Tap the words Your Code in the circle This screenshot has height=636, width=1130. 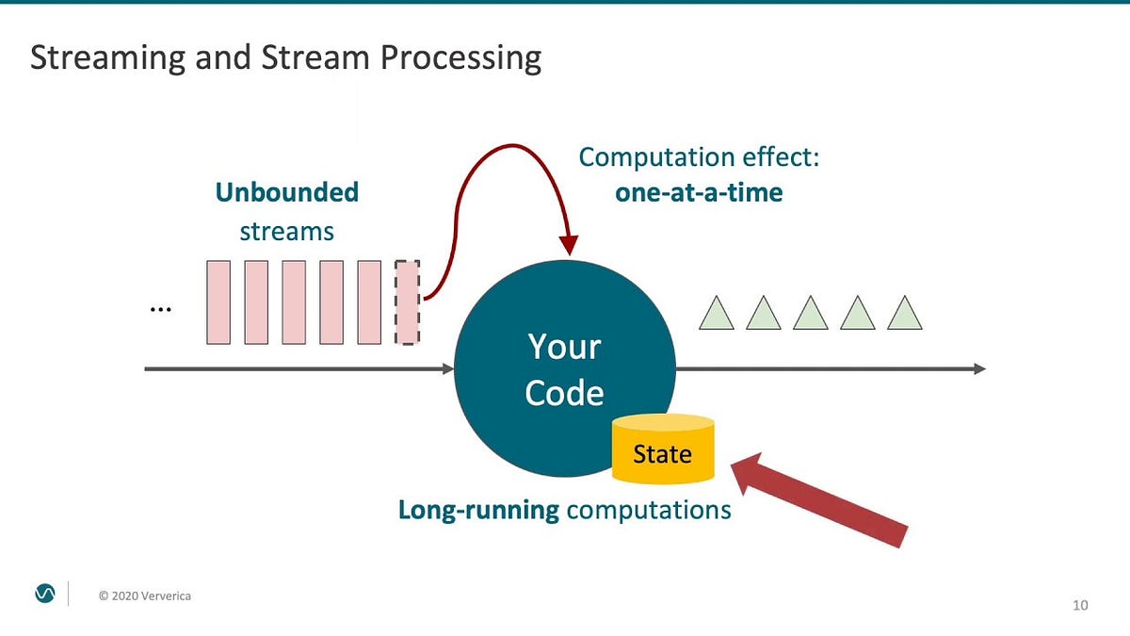pyautogui.click(x=564, y=368)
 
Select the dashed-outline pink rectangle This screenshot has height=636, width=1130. pyautogui.click(x=407, y=302)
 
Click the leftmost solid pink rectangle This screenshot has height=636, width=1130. pyautogui.click(x=218, y=302)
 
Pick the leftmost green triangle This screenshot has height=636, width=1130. pyautogui.click(x=716, y=315)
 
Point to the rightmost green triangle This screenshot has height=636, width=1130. pyautogui.click(x=904, y=315)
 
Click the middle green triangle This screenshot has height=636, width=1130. pyautogui.click(x=810, y=315)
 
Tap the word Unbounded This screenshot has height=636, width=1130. pyautogui.click(x=286, y=192)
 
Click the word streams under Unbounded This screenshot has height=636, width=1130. pyautogui.click(x=286, y=231)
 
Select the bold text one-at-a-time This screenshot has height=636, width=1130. pyautogui.click(x=699, y=192)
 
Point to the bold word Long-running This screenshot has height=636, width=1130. pyautogui.click(x=478, y=510)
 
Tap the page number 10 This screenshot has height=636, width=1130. pyautogui.click(x=1080, y=605)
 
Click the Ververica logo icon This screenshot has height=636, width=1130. pyautogui.click(x=44, y=593)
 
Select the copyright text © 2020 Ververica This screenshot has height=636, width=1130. pyautogui.click(x=145, y=595)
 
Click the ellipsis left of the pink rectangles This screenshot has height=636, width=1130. pyautogui.click(x=160, y=309)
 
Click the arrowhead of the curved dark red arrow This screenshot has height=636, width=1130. pyautogui.click(x=569, y=244)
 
